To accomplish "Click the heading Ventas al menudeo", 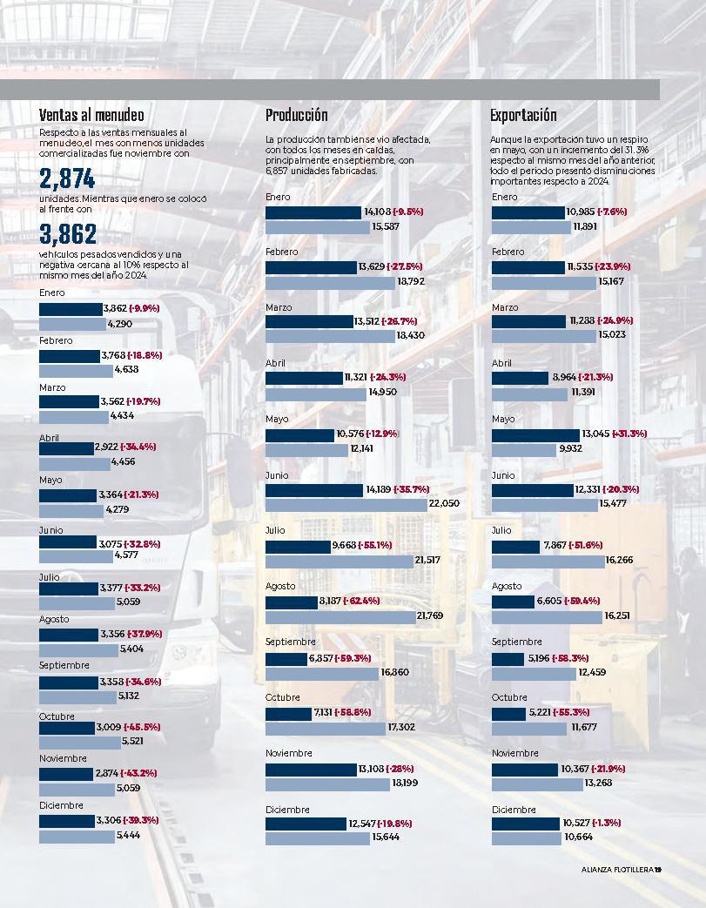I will (91, 115).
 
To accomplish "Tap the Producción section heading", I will (297, 115).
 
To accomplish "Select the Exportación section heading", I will (523, 115).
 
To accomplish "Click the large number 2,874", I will (67, 179).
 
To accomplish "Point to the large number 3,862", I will (67, 233).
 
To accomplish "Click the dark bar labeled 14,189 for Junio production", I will (314, 490).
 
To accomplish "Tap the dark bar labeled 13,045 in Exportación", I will (535, 434).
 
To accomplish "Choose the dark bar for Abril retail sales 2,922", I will (65, 447).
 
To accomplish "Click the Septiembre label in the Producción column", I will (290, 642).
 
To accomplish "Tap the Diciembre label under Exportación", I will (514, 810).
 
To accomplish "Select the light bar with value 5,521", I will (78, 741).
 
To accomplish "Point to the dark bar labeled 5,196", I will (508, 658).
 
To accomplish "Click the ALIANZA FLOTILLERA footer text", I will (617, 868).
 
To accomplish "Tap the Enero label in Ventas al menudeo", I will (51, 293).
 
